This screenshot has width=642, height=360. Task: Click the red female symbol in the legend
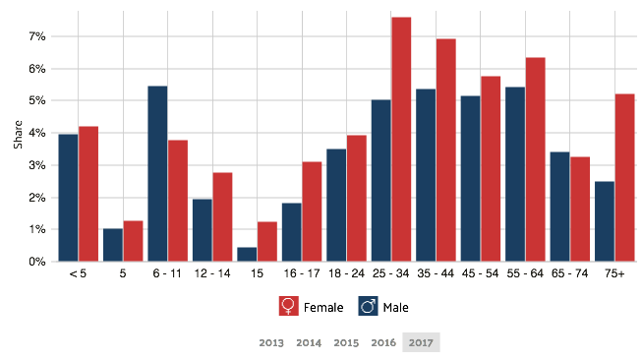(288, 306)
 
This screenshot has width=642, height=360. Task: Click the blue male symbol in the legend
(369, 306)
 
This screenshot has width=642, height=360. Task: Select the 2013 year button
(272, 342)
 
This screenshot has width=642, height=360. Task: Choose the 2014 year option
(309, 342)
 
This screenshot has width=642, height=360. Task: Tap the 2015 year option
(346, 342)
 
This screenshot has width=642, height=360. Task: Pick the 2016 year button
(383, 342)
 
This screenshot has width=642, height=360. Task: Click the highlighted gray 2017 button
(421, 342)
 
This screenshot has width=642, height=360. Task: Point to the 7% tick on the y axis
(36, 36)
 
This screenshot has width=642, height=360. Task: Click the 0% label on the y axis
(36, 262)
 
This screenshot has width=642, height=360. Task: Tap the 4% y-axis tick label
(36, 133)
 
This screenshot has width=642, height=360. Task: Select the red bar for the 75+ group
(624, 178)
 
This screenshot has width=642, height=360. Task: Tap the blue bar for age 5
(112, 246)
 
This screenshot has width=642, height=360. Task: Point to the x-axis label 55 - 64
(525, 273)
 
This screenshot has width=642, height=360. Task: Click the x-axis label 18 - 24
(346, 273)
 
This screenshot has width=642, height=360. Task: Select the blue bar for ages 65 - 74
(559, 207)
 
